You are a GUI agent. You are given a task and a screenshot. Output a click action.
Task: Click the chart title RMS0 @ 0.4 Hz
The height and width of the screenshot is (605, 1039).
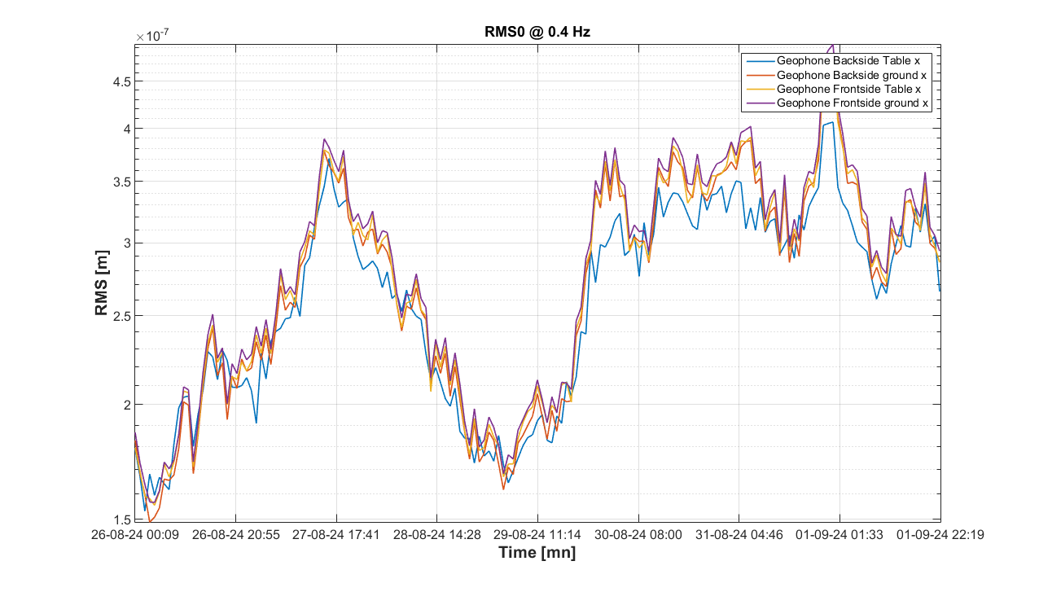tap(537, 33)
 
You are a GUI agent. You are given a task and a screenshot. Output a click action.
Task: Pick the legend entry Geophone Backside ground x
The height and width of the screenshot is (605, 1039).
tap(852, 74)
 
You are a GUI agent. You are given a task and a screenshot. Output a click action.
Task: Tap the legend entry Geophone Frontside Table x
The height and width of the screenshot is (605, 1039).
tap(849, 89)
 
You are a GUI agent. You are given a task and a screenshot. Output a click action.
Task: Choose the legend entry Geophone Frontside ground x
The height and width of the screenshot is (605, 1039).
tap(853, 103)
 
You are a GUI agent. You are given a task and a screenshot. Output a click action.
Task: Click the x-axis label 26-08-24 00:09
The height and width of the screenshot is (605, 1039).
tap(135, 535)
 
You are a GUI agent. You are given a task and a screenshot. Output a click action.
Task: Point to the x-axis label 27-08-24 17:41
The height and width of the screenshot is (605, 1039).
tap(336, 535)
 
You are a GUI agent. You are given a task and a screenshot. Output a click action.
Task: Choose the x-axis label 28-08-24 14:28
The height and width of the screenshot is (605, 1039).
tap(437, 535)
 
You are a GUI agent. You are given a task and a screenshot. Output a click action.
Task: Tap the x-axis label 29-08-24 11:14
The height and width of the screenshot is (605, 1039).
tap(537, 535)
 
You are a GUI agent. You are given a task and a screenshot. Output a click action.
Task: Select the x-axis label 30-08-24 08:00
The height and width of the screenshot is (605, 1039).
tap(638, 535)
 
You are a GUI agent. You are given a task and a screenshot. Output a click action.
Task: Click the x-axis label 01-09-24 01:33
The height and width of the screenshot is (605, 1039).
tap(840, 535)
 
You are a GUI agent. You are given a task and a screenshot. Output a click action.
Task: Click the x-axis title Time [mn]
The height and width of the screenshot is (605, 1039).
tap(537, 554)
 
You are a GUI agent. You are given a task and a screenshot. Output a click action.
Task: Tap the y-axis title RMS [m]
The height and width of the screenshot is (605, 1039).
tap(102, 283)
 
